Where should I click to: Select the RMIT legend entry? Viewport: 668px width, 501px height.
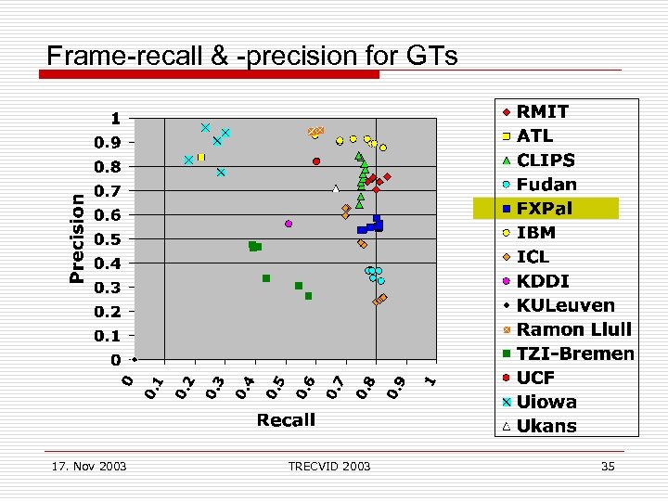543,111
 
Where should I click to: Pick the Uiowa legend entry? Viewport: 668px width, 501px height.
546,402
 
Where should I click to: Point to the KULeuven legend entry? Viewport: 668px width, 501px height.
566,305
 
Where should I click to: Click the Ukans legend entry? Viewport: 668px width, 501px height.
546,426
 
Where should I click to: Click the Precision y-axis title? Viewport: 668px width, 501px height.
78,238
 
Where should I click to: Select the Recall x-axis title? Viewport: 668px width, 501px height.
286,420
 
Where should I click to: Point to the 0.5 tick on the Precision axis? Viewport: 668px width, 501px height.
109,239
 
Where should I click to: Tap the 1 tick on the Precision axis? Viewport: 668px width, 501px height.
115,119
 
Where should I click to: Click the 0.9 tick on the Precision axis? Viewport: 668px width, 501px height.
109,143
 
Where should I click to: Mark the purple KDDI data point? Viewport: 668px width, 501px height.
289,224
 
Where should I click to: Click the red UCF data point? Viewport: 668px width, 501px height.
316,161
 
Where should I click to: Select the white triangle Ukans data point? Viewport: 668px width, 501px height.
336,188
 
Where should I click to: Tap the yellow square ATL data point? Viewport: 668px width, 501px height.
200,158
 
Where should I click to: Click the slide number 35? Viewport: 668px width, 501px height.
608,466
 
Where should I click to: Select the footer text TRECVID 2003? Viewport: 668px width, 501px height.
329,466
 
